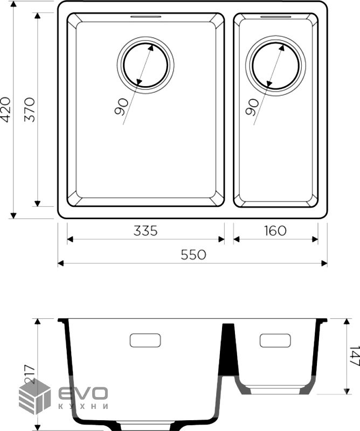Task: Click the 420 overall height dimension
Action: (6, 109)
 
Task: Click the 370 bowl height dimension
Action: (30, 110)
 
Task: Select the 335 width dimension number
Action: (146, 231)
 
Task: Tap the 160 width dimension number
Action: (275, 231)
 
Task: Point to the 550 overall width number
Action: (193, 255)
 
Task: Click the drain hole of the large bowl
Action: (146, 65)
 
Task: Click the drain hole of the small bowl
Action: (275, 66)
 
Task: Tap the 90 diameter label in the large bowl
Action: (121, 107)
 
